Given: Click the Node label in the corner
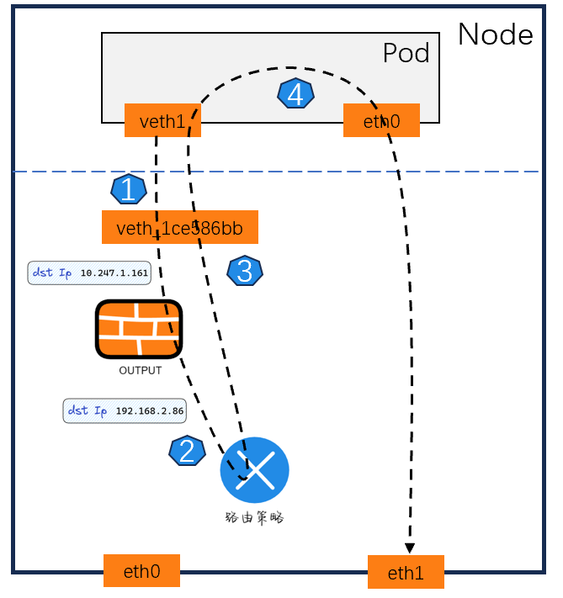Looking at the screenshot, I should pyautogui.click(x=495, y=34).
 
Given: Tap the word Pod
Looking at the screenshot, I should pyautogui.click(x=406, y=53).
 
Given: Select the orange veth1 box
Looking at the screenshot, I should pyautogui.click(x=162, y=121).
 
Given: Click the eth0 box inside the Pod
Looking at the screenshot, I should pyautogui.click(x=380, y=121).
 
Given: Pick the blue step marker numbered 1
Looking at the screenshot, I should pyautogui.click(x=128, y=189).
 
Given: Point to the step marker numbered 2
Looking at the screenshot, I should pyautogui.click(x=187, y=452).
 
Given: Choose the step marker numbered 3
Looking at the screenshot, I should pyautogui.click(x=245, y=271).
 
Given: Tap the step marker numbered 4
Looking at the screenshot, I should pyautogui.click(x=295, y=95).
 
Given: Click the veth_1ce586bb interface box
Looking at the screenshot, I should pyautogui.click(x=179, y=227).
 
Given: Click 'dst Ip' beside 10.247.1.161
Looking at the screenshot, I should pyautogui.click(x=52, y=273).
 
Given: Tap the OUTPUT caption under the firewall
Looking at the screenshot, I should pyautogui.click(x=140, y=370).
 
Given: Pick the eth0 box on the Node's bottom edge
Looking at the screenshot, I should pyautogui.click(x=141, y=572).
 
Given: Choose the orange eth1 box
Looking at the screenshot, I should pyautogui.click(x=405, y=573).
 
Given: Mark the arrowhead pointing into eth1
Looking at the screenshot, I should pyautogui.click(x=410, y=548).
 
